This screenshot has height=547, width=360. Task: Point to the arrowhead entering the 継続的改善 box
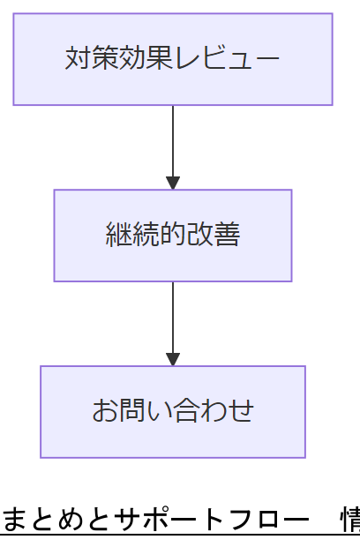(173, 183)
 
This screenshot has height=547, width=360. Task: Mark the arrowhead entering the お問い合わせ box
(173, 359)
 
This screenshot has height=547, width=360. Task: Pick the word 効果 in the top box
(130, 59)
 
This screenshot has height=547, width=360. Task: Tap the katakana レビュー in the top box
(227, 59)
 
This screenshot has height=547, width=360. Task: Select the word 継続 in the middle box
(127, 236)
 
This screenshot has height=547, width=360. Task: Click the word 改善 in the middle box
(218, 236)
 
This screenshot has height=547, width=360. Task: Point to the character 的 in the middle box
(172, 236)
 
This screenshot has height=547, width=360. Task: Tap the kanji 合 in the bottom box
(173, 412)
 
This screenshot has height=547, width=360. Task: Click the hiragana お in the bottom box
(104, 412)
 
